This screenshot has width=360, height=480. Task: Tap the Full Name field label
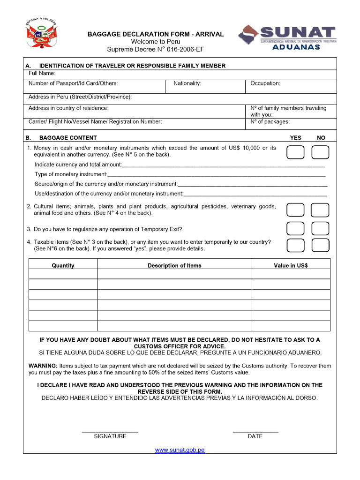[x=42, y=73]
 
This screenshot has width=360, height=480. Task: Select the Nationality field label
[x=187, y=83]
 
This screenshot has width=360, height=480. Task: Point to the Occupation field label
[x=265, y=83]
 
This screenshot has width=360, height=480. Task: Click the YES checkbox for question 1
[x=295, y=152]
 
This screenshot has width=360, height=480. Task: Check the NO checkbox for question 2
[x=320, y=210]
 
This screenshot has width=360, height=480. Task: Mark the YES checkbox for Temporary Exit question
[x=295, y=228]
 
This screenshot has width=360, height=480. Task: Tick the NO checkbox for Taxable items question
[x=320, y=245]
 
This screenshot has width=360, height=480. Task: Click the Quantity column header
[x=63, y=265]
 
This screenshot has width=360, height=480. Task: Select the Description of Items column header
[x=174, y=265]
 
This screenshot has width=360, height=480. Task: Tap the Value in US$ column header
[x=291, y=265]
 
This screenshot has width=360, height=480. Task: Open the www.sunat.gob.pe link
[x=180, y=450]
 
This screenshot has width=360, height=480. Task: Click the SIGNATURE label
[x=110, y=436]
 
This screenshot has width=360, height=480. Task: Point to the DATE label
[x=255, y=436]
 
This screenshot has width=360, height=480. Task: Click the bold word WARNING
[x=43, y=366]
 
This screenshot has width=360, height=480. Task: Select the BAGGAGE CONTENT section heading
[x=68, y=138]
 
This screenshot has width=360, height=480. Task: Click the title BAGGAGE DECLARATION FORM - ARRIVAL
[x=156, y=34]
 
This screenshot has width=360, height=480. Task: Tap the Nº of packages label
[x=270, y=122]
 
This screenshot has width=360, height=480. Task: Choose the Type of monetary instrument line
[x=180, y=174]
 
